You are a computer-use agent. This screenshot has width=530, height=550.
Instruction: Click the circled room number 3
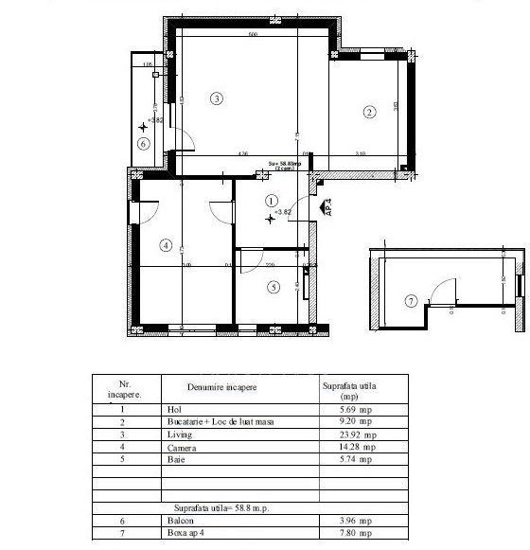click(x=217, y=98)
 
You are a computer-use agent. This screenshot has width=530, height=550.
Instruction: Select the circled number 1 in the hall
click(x=272, y=201)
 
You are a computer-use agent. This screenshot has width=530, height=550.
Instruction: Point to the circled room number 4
click(x=167, y=246)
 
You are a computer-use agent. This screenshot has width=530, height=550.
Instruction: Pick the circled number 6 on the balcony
click(x=143, y=144)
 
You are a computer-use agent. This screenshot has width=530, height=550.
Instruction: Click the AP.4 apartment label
click(x=327, y=207)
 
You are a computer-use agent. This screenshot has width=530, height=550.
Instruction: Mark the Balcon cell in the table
click(x=180, y=521)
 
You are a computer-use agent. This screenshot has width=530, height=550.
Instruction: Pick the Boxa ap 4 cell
click(x=187, y=533)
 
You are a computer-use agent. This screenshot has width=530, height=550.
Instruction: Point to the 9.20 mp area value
click(x=344, y=421)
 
